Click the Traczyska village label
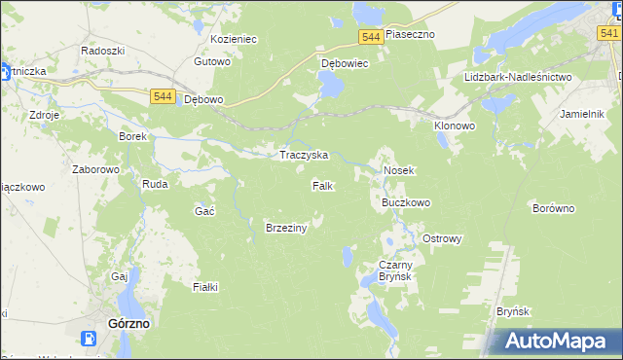(304, 156)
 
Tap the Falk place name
(324, 185)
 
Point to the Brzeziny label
(286, 228)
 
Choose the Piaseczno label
(410, 34)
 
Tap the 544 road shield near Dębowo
(163, 96)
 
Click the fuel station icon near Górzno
(89, 340)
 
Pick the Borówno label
(555, 208)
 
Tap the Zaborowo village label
(95, 168)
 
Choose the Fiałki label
(205, 287)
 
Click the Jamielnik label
(584, 114)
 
